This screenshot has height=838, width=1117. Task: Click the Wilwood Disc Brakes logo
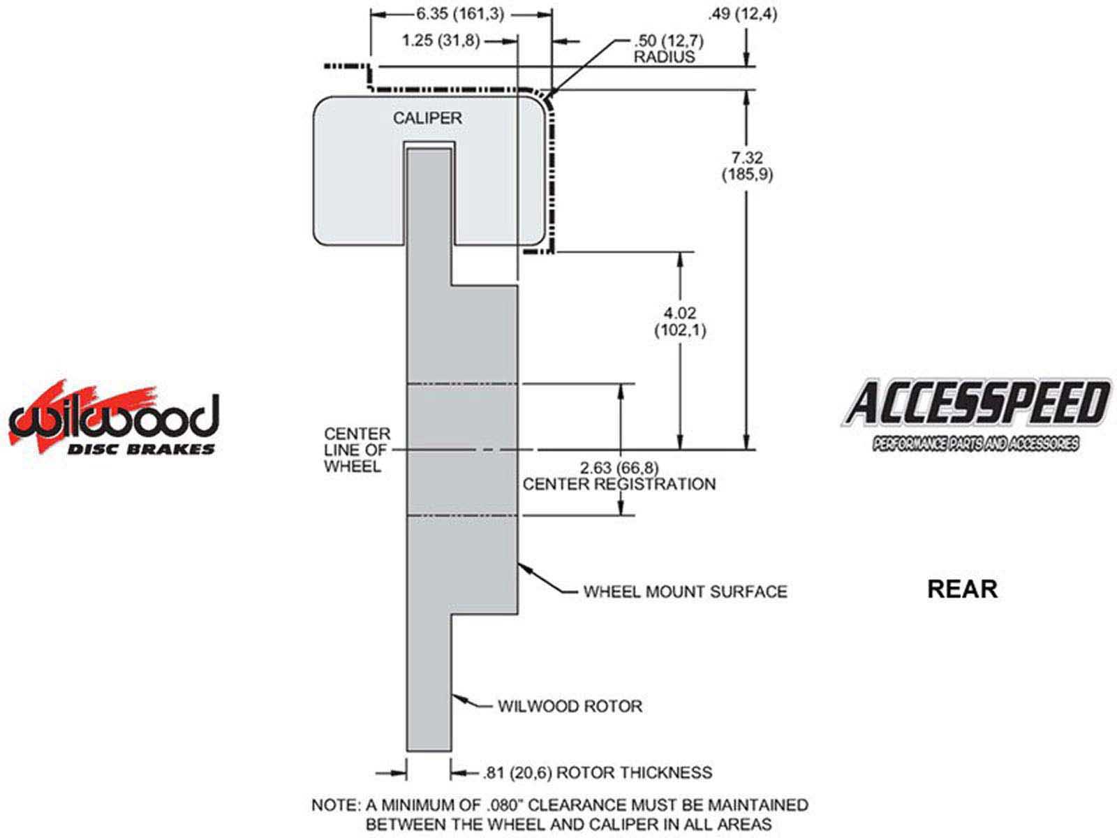click(113, 419)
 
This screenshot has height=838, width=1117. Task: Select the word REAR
click(962, 589)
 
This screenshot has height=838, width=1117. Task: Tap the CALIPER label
click(427, 118)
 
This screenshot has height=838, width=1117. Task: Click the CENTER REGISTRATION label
click(619, 484)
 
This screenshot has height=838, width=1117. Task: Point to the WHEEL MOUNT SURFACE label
click(685, 592)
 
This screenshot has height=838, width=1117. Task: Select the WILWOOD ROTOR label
click(570, 706)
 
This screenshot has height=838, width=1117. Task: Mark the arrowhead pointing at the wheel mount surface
click(523, 566)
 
